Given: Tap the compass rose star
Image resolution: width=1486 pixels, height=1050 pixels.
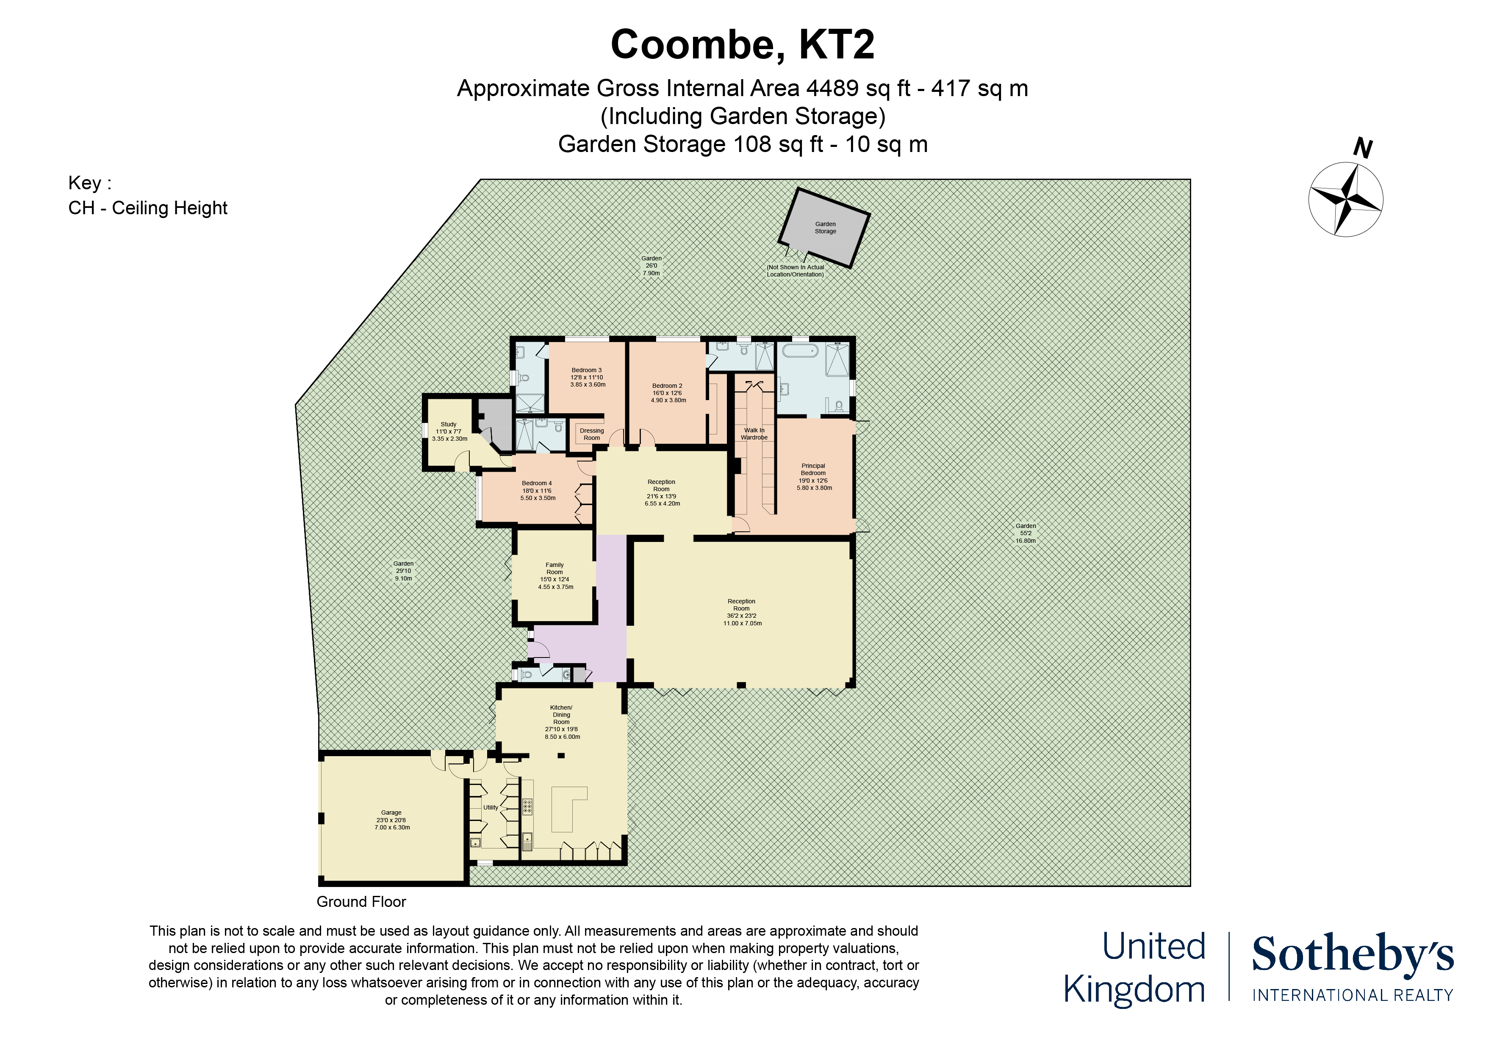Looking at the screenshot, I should (x=1345, y=200).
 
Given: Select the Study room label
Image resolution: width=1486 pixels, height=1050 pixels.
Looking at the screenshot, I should (x=449, y=431).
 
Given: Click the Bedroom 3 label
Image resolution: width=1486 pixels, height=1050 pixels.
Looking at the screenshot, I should (x=587, y=377).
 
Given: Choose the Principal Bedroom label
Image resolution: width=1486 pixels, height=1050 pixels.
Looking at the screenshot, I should (x=814, y=477).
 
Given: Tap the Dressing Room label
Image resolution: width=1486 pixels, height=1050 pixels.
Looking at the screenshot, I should (x=591, y=434).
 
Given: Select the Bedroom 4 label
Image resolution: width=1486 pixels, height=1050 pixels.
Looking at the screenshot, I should (x=537, y=490).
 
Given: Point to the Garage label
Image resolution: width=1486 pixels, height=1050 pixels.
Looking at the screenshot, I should (x=391, y=820).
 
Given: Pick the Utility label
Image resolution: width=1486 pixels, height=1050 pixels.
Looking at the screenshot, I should (x=491, y=807).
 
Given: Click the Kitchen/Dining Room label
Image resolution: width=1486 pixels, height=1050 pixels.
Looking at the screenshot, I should (x=562, y=722).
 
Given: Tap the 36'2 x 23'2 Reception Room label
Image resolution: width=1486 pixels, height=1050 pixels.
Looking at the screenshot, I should (x=742, y=612).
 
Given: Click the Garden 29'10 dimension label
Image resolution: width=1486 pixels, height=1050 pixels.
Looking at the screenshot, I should (x=403, y=571).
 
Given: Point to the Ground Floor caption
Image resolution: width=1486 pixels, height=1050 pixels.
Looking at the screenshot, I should (x=361, y=902).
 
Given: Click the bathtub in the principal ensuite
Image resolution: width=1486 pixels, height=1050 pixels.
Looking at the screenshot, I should (x=800, y=352).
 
